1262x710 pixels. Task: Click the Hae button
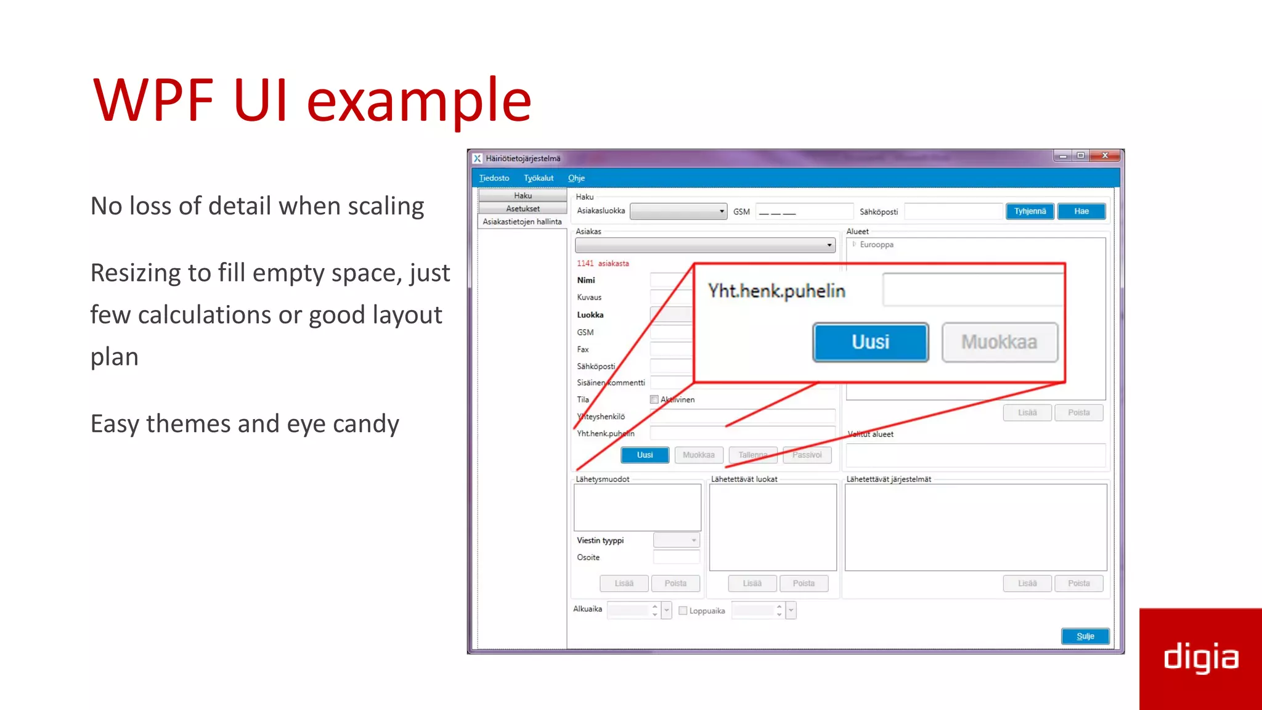1081,211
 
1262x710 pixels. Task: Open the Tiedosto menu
494,178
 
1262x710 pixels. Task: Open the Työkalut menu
539,178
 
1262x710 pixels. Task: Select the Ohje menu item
576,178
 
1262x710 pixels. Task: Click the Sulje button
1085,636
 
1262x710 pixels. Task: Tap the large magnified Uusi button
870,342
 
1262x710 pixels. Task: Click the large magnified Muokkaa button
999,342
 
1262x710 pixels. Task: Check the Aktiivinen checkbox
654,399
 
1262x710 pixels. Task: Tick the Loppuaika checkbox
683,611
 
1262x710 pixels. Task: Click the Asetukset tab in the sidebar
523,208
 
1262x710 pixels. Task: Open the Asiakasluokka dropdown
678,211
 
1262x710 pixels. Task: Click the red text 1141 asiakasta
603,263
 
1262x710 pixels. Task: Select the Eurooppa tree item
876,245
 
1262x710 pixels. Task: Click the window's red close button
1105,155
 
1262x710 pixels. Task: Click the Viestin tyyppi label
600,541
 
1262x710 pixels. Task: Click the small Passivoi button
807,455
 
